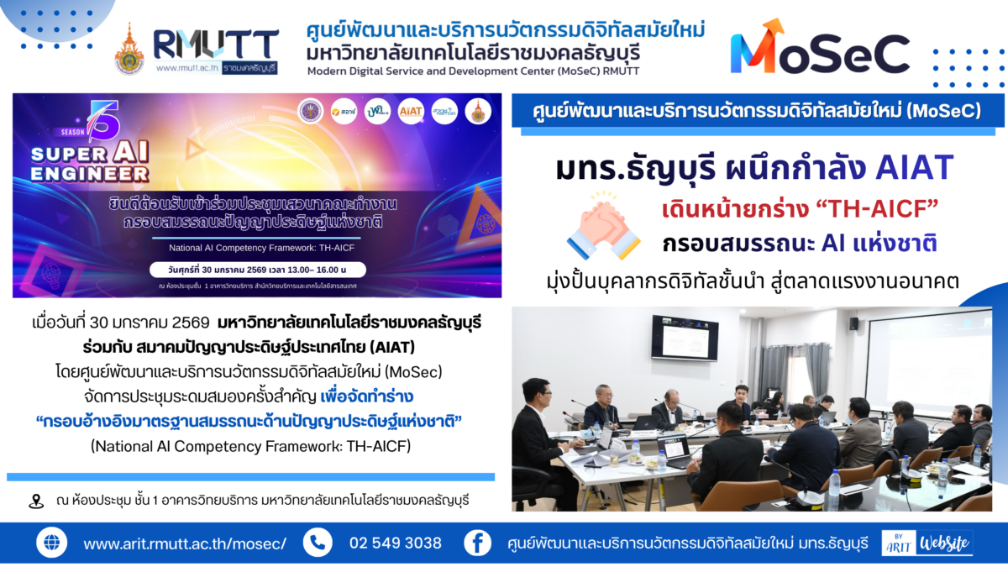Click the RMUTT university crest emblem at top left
pyautogui.click(x=129, y=49)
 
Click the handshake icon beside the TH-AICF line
pyautogui.click(x=600, y=224)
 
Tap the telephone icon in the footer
pyautogui.click(x=318, y=543)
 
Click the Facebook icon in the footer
pyautogui.click(x=477, y=543)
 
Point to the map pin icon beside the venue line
pyautogui.click(x=35, y=501)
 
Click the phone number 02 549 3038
pyautogui.click(x=395, y=543)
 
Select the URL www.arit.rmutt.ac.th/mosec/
pyautogui.click(x=185, y=543)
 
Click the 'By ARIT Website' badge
pyautogui.click(x=927, y=543)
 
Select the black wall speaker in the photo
pyautogui.click(x=853, y=323)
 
